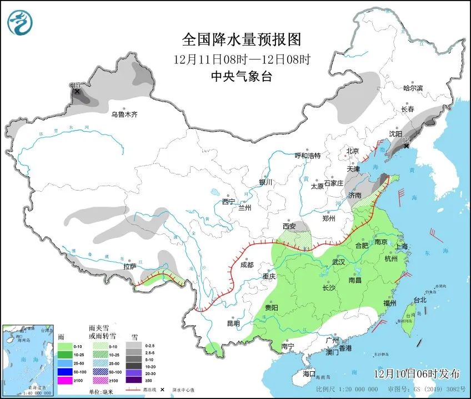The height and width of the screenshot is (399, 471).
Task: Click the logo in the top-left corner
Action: [20, 23]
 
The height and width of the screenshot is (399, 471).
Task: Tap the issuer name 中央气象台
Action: [241, 77]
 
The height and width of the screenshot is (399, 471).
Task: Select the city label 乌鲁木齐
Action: [124, 114]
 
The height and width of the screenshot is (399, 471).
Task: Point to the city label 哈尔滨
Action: [413, 88]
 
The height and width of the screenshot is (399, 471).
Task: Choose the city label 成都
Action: [247, 265]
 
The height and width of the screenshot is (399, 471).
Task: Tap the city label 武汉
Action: [338, 261]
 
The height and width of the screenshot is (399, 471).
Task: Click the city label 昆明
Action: [233, 323]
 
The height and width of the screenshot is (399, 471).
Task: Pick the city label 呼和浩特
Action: [307, 156]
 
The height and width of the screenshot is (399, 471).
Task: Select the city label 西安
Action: [289, 226]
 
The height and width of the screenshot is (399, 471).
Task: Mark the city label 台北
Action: [419, 300]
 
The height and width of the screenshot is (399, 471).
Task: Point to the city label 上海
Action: [400, 246]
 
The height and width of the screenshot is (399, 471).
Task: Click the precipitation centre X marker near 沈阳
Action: [407, 146]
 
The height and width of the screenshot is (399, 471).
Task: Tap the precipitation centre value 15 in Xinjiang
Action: [76, 85]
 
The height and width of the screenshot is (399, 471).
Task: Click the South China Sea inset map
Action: [27, 360]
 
